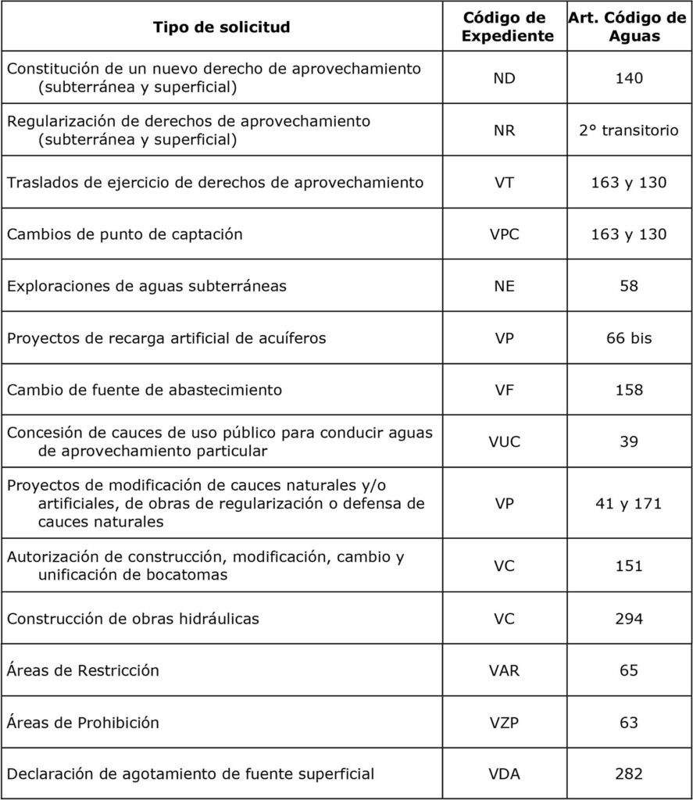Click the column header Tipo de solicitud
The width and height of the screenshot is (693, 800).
click(221, 27)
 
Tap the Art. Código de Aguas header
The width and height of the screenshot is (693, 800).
click(628, 27)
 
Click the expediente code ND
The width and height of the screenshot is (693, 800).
click(504, 79)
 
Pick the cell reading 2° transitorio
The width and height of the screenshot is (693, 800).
click(628, 131)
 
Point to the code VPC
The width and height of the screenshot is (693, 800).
click(504, 234)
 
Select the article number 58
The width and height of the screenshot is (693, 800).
click(628, 286)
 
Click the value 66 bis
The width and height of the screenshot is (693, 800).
click(628, 338)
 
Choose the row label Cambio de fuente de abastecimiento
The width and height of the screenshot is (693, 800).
click(145, 389)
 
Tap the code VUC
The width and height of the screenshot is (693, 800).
click(504, 442)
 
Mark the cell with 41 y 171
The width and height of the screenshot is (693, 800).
click(628, 504)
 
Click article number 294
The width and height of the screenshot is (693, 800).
click(628, 619)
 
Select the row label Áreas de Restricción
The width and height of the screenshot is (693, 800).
click(83, 670)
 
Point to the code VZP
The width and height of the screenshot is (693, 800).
click(504, 723)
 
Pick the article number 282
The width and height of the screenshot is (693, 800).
click(628, 774)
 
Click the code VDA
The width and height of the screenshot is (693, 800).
click(504, 774)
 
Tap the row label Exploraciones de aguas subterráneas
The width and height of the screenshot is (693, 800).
click(146, 286)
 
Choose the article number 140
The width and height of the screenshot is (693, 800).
click(628, 79)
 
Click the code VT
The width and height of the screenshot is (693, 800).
click(504, 183)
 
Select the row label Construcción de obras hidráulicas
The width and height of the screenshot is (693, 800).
click(133, 619)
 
